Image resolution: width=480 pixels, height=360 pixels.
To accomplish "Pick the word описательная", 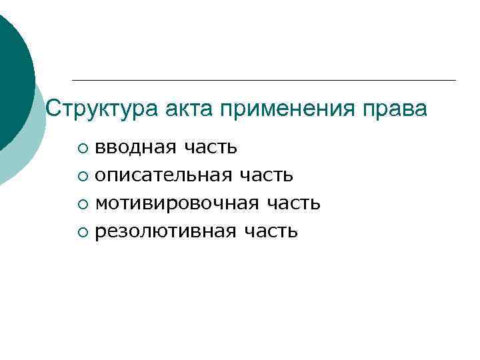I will [164, 175].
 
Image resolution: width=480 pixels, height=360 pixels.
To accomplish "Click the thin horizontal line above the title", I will [263, 81].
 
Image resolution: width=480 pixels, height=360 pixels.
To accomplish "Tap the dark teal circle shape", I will [12, 73].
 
